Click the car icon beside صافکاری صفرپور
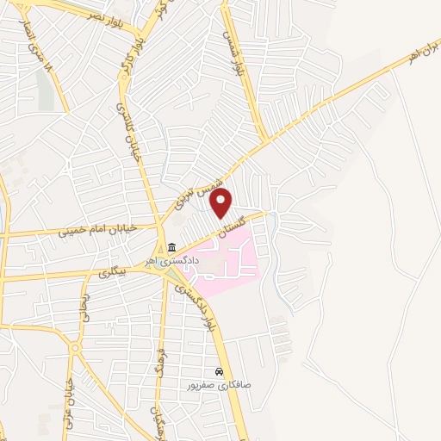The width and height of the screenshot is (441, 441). click(220, 372)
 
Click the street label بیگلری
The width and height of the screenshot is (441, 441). click(113, 271)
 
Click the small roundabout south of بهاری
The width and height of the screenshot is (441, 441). click(77, 350)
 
